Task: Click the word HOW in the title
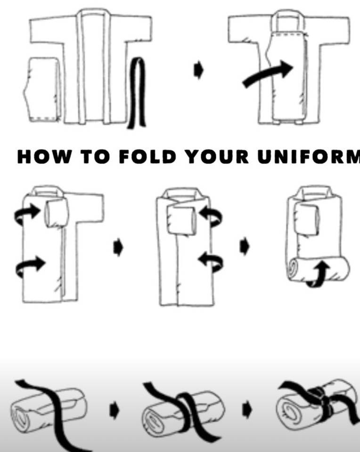click(x=43, y=157)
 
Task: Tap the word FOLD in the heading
click(x=147, y=157)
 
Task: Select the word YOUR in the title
click(x=217, y=157)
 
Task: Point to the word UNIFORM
click(x=309, y=157)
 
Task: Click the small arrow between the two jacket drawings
click(x=198, y=71)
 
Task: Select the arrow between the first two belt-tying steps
click(x=114, y=410)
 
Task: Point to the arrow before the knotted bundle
click(x=247, y=410)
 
